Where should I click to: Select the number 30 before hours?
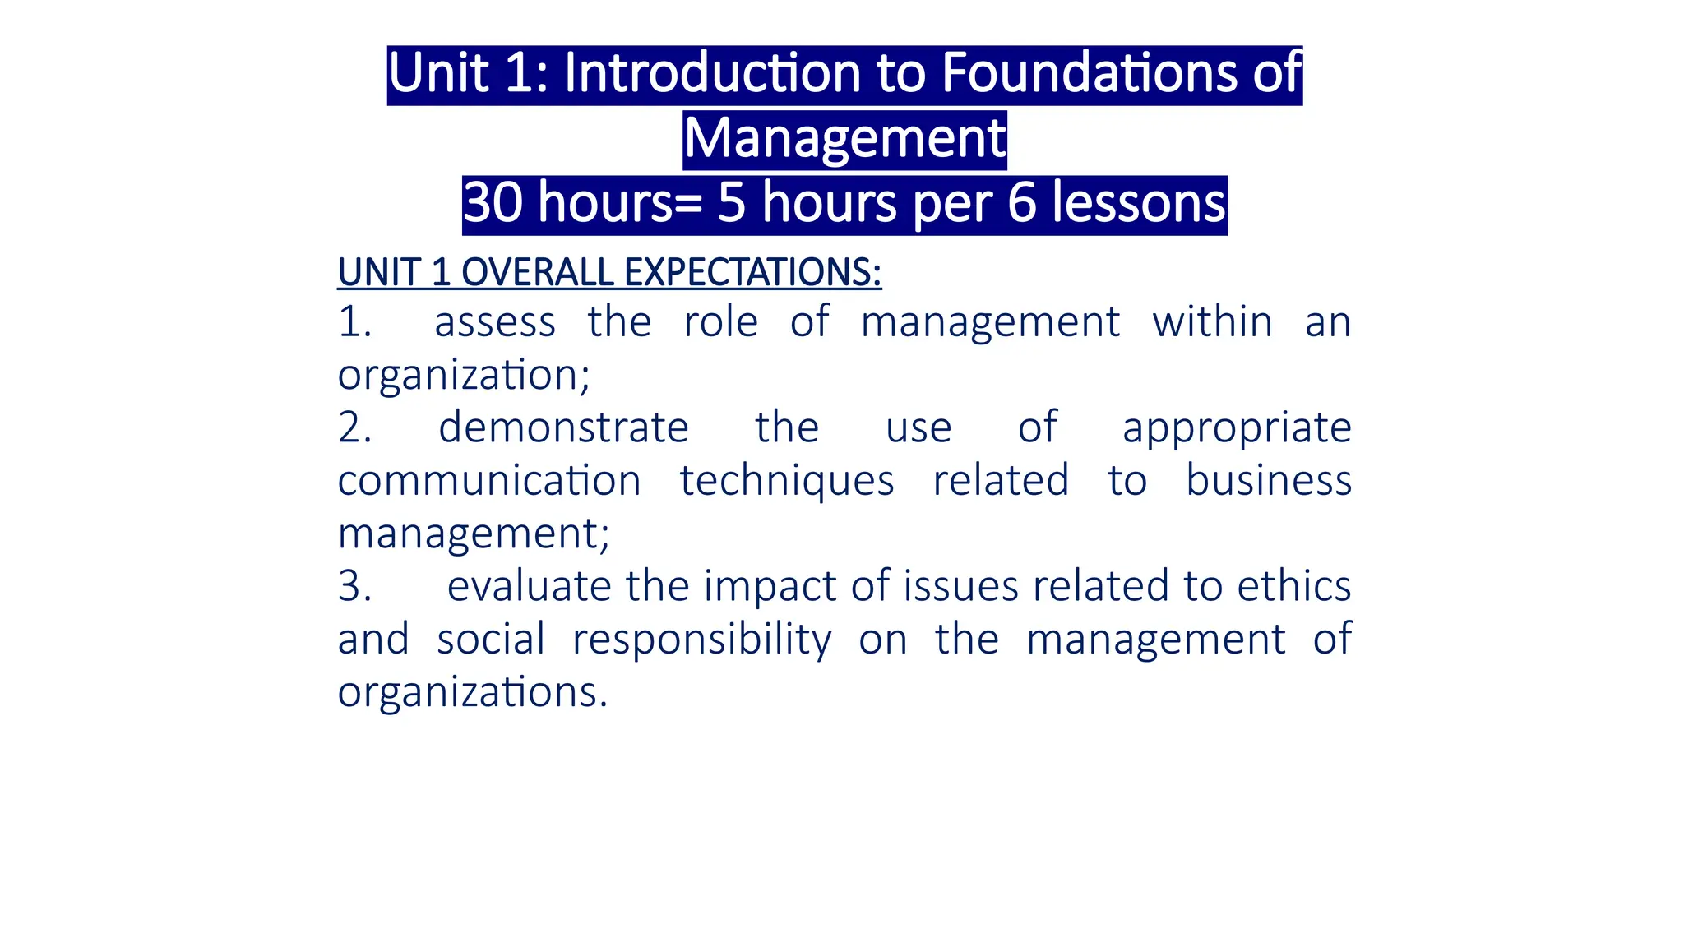coord(493,203)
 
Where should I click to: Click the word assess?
coord(495,322)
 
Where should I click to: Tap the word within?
coord(1212,322)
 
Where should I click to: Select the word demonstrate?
coord(563,428)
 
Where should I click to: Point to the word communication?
coord(489,481)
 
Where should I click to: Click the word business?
coord(1269,481)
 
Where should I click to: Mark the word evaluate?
coord(529,587)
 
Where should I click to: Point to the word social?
coord(491,640)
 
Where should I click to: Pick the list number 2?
coord(354,428)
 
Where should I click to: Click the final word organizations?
coord(473,693)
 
